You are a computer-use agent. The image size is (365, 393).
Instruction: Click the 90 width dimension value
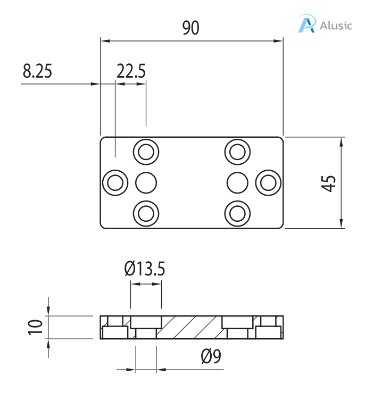(x=190, y=28)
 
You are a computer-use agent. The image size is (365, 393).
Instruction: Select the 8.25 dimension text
(x=37, y=71)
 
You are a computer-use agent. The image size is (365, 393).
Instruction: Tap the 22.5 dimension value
(x=131, y=71)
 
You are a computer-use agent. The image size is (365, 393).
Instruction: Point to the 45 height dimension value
(x=329, y=183)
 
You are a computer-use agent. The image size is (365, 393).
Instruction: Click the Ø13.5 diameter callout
(x=145, y=269)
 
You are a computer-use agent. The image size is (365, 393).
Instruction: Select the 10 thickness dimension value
(x=35, y=327)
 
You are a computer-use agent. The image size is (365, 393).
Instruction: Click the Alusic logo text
(x=336, y=25)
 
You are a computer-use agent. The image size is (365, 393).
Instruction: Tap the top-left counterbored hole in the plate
(x=146, y=152)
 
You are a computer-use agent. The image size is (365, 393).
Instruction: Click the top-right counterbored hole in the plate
(x=237, y=152)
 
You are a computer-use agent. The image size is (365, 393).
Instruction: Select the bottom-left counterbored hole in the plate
(x=146, y=214)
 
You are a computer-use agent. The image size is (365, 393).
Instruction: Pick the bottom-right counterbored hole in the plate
(x=237, y=214)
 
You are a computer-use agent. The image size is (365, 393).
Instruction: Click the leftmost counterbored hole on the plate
(x=115, y=183)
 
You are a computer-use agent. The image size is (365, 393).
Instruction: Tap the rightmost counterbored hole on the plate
(x=268, y=183)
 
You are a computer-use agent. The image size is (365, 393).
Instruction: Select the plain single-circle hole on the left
(x=146, y=183)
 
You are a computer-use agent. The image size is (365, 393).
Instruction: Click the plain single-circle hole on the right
(x=237, y=183)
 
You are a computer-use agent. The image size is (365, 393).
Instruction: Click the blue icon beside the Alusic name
(x=306, y=24)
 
